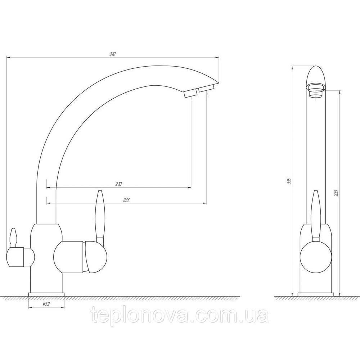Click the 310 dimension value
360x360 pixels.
pyautogui.click(x=112, y=54)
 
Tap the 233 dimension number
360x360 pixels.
pyautogui.click(x=126, y=200)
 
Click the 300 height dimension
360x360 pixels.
pyautogui.click(x=336, y=193)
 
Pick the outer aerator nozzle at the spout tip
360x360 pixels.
pyautogui.click(x=206, y=89)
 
